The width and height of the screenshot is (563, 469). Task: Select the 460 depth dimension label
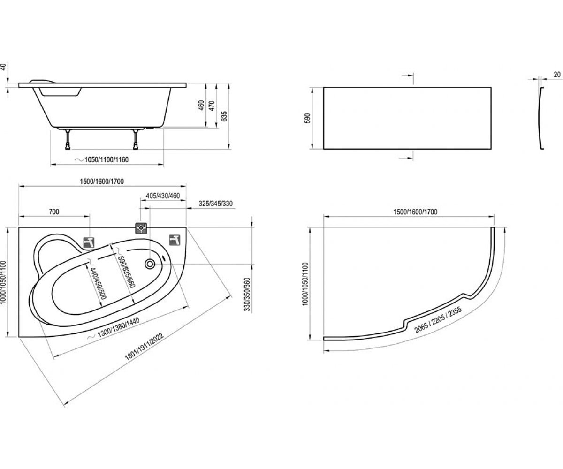click(201, 106)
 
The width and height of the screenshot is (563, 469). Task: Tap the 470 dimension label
click(212, 106)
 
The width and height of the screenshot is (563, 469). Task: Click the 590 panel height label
click(308, 118)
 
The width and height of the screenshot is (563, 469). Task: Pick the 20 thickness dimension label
click(557, 75)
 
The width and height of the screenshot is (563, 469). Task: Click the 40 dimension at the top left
click(3, 67)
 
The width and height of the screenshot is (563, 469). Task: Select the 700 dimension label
click(54, 212)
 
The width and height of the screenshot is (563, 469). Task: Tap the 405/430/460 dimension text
click(163, 196)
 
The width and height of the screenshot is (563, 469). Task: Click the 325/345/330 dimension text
click(215, 204)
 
